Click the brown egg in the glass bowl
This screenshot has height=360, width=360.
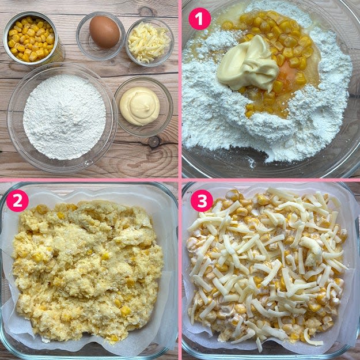tap(104, 32)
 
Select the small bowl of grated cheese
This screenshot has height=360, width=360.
tap(149, 42)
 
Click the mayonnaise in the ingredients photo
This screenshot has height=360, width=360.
tap(139, 106)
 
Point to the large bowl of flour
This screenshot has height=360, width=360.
tap(62, 117)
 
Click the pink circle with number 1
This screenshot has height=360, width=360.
tap(200, 19)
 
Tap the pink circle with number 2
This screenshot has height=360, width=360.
tap(17, 200)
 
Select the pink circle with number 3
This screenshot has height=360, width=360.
tap(202, 200)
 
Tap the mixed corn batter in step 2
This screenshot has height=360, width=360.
tap(87, 271)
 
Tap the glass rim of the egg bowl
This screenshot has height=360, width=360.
tap(101, 13)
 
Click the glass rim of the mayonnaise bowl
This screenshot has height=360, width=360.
tap(143, 78)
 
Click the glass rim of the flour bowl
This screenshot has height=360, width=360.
tap(62, 65)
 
